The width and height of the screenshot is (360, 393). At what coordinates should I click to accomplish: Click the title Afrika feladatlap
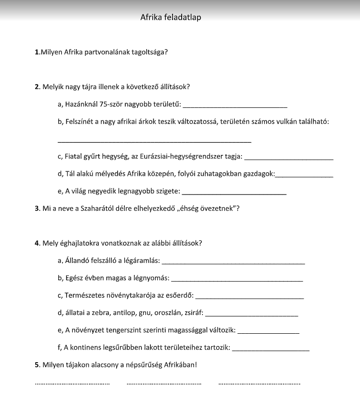tap(171, 17)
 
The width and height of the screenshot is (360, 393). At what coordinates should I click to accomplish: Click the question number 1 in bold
tap(37, 52)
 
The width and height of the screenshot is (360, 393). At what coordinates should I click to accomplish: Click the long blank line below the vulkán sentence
tap(154, 142)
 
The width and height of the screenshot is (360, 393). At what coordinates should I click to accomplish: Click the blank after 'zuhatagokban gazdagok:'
tap(304, 175)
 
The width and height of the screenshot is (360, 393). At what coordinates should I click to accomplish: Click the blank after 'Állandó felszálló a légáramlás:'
tap(233, 262)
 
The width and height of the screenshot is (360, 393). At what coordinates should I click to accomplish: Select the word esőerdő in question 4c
tap(180, 295)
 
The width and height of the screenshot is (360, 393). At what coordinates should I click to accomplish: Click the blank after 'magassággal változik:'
tap(269, 332)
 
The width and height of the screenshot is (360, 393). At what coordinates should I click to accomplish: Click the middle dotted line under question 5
tap(164, 384)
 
